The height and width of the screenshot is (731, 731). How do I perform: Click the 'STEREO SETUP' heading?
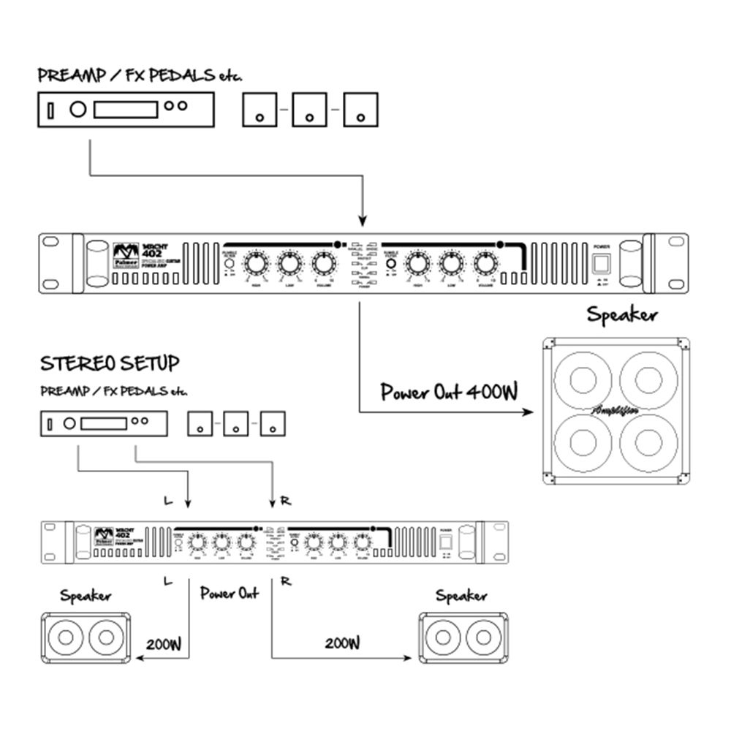(110, 363)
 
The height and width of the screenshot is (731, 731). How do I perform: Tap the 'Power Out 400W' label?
(449, 393)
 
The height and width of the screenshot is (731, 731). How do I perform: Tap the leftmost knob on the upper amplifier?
(256, 263)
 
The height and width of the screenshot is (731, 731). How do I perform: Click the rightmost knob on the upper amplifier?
(483, 263)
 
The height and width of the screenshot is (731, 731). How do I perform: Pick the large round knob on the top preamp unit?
(77, 110)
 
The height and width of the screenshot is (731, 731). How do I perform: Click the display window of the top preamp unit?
(126, 110)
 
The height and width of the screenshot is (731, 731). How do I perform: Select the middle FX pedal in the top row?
(309, 110)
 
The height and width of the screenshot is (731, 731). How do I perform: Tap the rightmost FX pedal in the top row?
(360, 110)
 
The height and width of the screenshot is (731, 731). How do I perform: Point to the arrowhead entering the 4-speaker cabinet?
(531, 414)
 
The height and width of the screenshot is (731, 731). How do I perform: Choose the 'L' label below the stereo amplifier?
(169, 581)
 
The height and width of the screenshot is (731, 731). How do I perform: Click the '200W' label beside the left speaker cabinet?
(163, 644)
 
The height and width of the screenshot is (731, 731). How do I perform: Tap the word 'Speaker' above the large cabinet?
(622, 315)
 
